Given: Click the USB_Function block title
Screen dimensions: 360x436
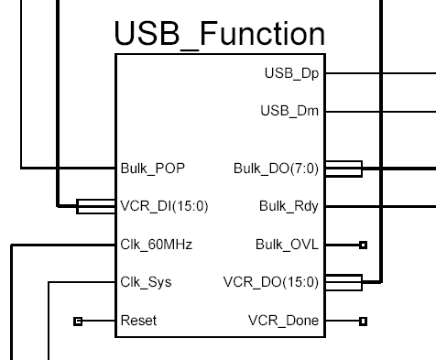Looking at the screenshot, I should [219, 34].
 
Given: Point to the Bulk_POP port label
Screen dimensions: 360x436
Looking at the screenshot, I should [151, 169].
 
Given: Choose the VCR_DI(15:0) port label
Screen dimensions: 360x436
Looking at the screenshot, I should [164, 206].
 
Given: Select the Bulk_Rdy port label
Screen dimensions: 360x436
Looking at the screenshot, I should [289, 206].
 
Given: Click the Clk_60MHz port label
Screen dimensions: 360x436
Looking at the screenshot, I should [156, 245].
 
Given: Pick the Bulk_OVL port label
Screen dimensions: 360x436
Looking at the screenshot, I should [288, 245].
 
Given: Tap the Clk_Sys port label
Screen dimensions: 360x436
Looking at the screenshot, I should [146, 282].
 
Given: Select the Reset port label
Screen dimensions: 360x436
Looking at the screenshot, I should [138, 321].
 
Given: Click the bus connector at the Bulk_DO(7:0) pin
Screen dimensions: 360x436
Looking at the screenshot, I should [344, 169].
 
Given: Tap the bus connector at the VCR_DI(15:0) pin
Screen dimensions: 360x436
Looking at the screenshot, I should [95, 206].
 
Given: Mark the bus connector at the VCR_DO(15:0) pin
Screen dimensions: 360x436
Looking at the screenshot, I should [344, 282].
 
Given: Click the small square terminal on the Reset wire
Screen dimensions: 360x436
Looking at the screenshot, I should [78, 321].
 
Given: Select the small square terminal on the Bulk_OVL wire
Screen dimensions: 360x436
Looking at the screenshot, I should [363, 245].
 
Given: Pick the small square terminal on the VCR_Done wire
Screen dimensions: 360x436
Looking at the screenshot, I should [363, 321].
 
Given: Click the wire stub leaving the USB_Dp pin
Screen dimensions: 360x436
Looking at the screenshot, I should [380, 72].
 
